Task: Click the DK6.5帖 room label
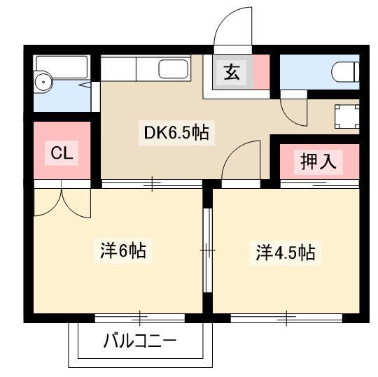(x=176, y=133)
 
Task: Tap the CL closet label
(x=62, y=152)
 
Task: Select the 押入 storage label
(x=318, y=162)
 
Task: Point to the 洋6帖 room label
(x=123, y=251)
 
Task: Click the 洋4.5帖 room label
(x=286, y=252)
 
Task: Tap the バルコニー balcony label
(x=140, y=341)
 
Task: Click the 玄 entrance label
(x=232, y=72)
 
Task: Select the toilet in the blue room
(x=345, y=72)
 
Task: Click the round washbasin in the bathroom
(x=43, y=82)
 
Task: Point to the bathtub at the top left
(x=62, y=67)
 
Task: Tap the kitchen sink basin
(x=174, y=69)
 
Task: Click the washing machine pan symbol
(x=347, y=117)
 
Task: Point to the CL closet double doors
(x=62, y=203)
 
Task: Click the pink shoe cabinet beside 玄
(x=261, y=72)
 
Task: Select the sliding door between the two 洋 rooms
(x=208, y=250)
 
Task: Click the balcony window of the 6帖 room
(x=140, y=318)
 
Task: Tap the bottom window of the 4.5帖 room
(x=286, y=318)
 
